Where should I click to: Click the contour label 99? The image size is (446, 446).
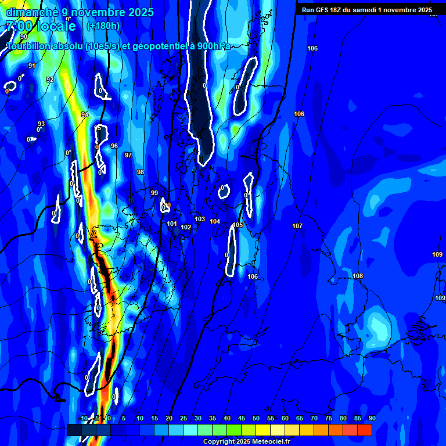point(154,193)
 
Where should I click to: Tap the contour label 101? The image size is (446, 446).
point(172,224)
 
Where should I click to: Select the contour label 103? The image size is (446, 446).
point(200,219)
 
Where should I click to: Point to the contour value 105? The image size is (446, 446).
point(238,225)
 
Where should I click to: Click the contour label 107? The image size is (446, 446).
point(297,225)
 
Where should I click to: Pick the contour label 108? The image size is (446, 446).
point(358,276)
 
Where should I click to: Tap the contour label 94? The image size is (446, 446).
point(85,114)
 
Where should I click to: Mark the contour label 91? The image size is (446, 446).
point(32,66)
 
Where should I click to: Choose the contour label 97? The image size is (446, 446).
point(128,155)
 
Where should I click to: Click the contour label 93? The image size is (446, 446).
point(41,124)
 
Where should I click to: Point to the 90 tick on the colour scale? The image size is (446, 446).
point(372,419)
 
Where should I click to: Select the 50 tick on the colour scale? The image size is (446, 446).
point(256,419)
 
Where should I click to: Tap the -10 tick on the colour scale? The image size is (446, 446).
point(82,419)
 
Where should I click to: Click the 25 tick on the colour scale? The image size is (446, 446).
point(183,419)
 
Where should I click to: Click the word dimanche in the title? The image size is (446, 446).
point(30,12)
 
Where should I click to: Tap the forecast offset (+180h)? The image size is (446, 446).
point(103,26)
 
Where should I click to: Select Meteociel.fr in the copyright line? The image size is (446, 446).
point(271,441)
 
